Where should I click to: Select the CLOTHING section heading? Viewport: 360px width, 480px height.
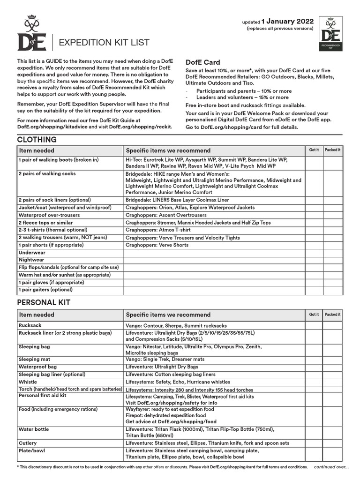pos(37,140)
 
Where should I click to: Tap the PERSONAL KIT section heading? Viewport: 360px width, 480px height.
pos(44,303)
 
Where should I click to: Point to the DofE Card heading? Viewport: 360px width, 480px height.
pos(203,62)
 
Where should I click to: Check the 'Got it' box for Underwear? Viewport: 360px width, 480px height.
pos(314,253)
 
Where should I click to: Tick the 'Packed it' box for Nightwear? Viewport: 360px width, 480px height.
pos(333,260)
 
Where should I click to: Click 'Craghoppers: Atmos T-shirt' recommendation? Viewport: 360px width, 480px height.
pos(158,230)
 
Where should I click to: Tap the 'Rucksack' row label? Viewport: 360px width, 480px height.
pos(30,325)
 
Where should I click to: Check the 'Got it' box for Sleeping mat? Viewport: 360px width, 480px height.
pos(314,360)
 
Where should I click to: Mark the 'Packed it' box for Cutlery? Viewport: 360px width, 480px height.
pos(333,443)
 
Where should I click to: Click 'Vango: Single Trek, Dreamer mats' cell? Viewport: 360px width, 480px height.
pos(165,360)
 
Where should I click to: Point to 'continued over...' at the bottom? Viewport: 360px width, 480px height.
pos(331,467)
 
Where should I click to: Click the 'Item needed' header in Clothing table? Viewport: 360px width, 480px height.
pos(37,150)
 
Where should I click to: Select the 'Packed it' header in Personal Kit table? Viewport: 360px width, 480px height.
pos(333,315)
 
